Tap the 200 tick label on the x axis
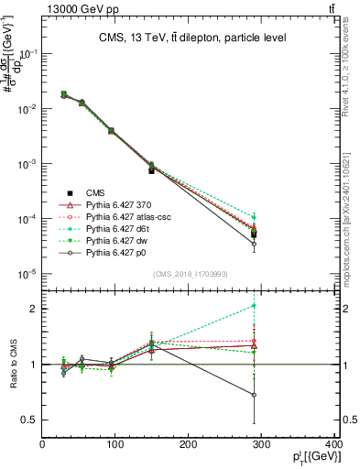click(x=188, y=445)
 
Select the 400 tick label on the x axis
click(x=333, y=445)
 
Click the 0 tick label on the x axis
click(x=42, y=445)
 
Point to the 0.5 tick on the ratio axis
click(x=30, y=420)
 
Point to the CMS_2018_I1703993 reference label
click(x=189, y=274)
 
